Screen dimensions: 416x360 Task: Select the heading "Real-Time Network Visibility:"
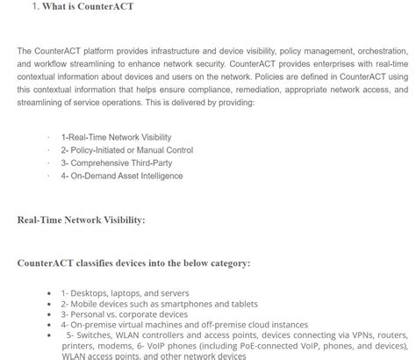(x=82, y=220)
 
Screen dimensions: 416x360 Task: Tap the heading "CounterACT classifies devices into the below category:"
(x=133, y=263)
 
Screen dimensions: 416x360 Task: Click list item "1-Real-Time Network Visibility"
(x=116, y=138)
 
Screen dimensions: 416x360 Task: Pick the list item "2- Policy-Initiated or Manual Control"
(x=126, y=150)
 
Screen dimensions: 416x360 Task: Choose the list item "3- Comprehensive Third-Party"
(x=115, y=163)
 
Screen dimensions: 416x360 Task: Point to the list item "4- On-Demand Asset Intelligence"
(x=121, y=176)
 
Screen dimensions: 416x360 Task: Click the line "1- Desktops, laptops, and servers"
(x=125, y=293)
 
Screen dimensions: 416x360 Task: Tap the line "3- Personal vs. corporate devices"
(x=124, y=314)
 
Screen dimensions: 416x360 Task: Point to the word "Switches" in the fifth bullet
(x=96, y=335)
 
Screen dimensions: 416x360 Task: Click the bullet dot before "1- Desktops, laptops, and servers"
(x=50, y=293)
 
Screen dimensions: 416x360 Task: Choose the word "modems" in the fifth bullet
(x=118, y=346)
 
